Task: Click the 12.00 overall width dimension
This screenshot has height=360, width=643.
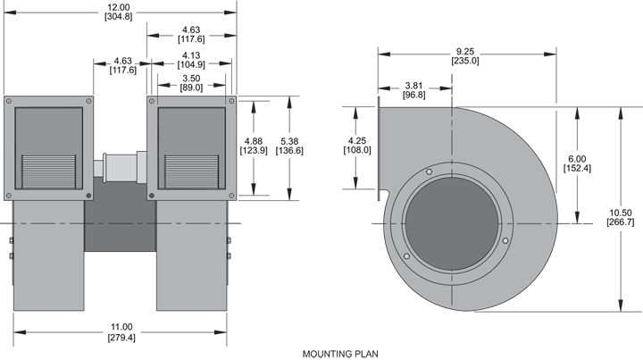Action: pyautogui.click(x=120, y=6)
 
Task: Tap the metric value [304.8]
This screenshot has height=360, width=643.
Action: pyautogui.click(x=120, y=17)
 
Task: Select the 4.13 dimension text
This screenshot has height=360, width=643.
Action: pyautogui.click(x=190, y=54)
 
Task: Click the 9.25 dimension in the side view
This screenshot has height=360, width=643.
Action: pyautogui.click(x=464, y=51)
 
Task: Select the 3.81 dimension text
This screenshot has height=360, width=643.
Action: pyautogui.click(x=413, y=85)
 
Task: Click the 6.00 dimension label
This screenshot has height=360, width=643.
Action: pyautogui.click(x=578, y=158)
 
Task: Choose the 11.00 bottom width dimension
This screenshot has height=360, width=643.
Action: pyautogui.click(x=121, y=327)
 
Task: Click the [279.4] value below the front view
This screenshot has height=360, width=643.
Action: pyautogui.click(x=121, y=338)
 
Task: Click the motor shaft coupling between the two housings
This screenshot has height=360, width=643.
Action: pyautogui.click(x=120, y=167)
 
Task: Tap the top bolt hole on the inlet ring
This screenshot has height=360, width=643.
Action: pyautogui.click(x=429, y=172)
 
